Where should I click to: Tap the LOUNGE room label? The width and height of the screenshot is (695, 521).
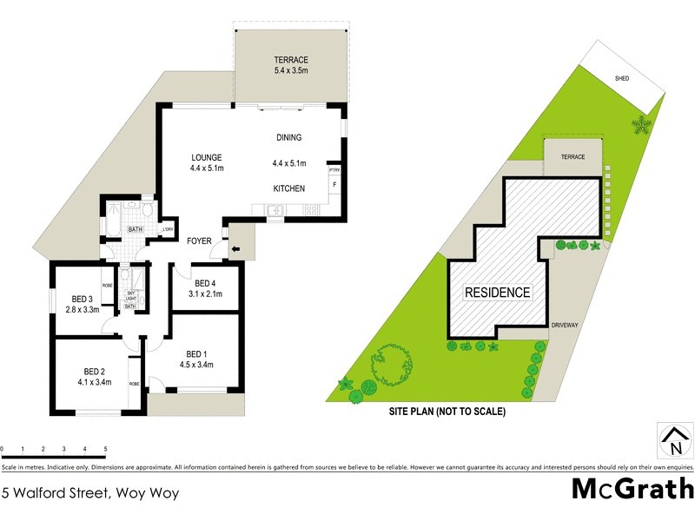tap(208, 157)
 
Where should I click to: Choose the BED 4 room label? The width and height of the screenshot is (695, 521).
tap(205, 283)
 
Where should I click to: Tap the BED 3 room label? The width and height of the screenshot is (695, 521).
tap(80, 300)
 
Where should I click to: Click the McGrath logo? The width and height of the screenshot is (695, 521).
tap(632, 489)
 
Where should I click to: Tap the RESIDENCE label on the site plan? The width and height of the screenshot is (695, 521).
tap(497, 293)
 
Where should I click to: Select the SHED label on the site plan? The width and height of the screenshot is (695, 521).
tap(622, 78)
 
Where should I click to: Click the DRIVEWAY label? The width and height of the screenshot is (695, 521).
tap(566, 325)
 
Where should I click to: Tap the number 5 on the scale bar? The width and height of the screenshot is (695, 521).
tap(105, 449)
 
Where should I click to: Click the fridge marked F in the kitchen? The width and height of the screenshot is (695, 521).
tap(334, 185)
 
